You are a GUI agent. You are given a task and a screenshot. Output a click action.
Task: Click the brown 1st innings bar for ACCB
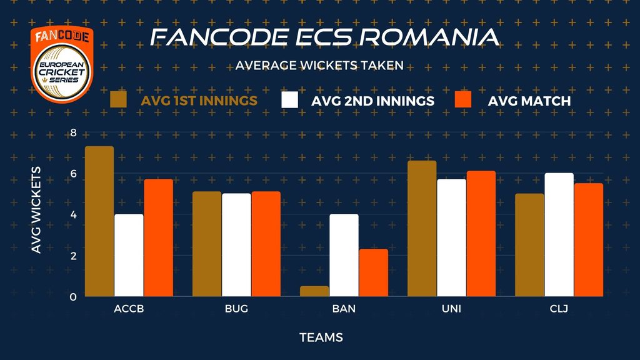click(x=99, y=221)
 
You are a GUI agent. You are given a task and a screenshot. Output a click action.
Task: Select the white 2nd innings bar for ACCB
click(x=129, y=255)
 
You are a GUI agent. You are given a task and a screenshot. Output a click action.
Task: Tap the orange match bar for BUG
click(x=266, y=244)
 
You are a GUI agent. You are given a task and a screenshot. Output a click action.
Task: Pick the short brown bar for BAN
click(x=314, y=291)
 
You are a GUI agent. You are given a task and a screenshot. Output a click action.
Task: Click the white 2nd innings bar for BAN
click(x=344, y=255)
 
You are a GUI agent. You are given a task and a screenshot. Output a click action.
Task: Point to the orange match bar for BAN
click(x=374, y=272)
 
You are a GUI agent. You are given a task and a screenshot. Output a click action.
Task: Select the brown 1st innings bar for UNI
click(x=422, y=229)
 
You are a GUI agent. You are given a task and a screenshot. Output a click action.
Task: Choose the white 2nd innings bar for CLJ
click(x=559, y=235)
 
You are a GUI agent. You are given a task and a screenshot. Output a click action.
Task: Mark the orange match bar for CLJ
click(x=589, y=239)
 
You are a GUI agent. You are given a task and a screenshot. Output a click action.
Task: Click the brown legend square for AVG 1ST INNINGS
click(x=118, y=99)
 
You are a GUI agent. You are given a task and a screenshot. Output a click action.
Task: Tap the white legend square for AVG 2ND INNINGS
click(x=290, y=99)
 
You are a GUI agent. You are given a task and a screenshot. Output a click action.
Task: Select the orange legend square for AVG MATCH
click(x=463, y=99)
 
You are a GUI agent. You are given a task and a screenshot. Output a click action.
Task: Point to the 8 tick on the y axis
click(x=74, y=132)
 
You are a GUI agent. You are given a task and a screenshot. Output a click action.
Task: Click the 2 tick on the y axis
click(x=74, y=256)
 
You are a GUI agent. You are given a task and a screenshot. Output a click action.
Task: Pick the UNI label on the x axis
click(x=451, y=309)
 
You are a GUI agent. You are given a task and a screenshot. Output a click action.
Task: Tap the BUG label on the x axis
click(x=236, y=309)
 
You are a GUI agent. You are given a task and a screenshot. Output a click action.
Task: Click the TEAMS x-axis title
click(x=321, y=337)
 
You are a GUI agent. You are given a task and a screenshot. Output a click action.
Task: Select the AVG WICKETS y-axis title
click(x=36, y=210)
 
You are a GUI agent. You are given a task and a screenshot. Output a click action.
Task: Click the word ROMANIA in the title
click(x=429, y=37)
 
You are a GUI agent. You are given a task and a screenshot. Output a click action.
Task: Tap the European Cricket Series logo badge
click(x=62, y=64)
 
